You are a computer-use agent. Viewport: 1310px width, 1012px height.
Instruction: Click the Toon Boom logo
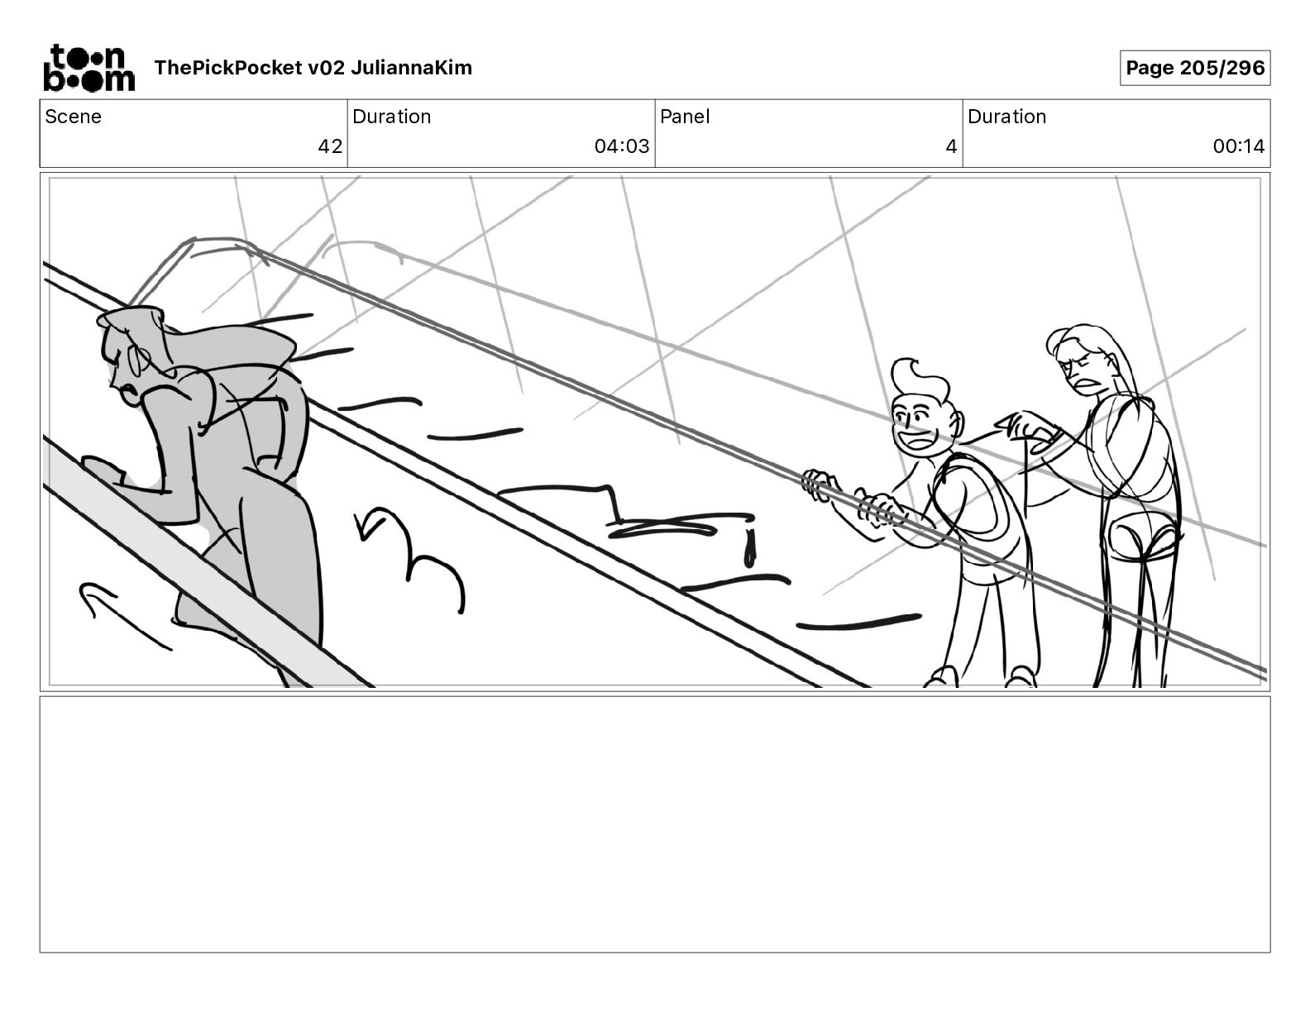click(x=88, y=68)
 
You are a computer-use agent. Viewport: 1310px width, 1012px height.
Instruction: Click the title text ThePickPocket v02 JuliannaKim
click(x=313, y=68)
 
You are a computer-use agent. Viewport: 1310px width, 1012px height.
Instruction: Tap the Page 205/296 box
click(x=1195, y=68)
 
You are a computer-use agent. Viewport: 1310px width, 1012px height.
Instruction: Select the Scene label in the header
click(x=73, y=117)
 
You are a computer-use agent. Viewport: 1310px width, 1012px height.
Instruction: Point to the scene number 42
click(x=330, y=146)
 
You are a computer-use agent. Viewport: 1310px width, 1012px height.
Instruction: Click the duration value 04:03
click(x=621, y=146)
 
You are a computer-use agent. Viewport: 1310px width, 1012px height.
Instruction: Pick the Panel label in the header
click(x=685, y=117)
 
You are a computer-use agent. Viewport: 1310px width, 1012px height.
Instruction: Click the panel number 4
click(x=951, y=146)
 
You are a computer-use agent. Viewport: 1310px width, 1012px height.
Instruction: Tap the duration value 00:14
click(x=1238, y=146)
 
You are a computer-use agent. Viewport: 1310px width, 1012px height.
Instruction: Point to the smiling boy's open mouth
click(x=916, y=439)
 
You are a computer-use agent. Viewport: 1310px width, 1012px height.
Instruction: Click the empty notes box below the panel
click(x=654, y=823)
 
